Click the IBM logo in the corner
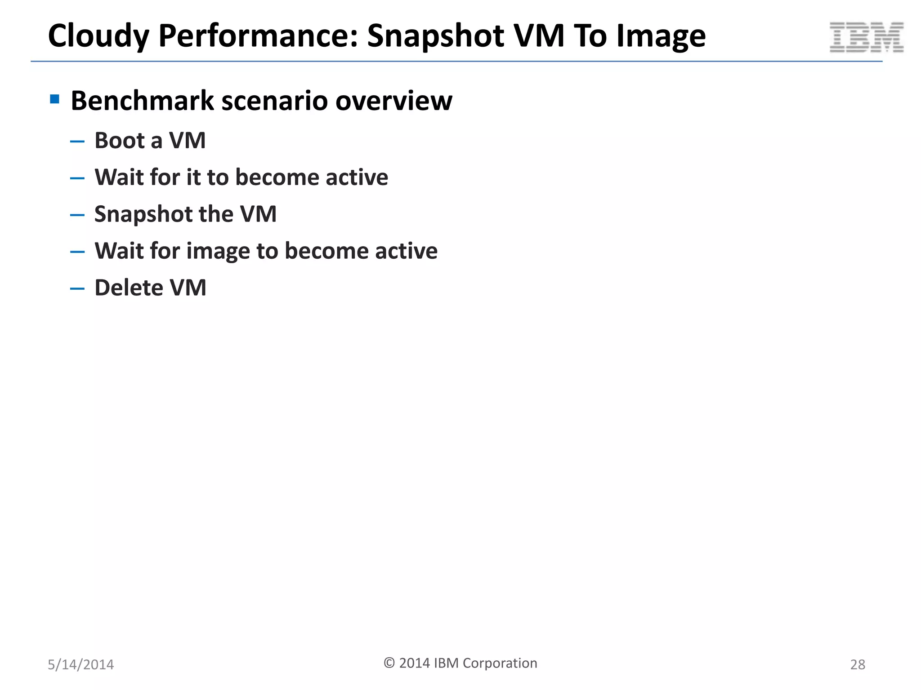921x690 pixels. click(866, 37)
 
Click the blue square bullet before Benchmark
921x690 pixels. click(55, 99)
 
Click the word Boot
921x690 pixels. click(119, 141)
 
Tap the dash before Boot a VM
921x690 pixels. click(77, 142)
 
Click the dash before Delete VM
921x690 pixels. click(77, 289)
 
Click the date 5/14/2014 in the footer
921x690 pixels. click(81, 664)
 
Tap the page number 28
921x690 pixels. click(858, 664)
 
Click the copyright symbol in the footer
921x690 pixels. click(389, 663)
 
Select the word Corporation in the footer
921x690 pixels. click(500, 663)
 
